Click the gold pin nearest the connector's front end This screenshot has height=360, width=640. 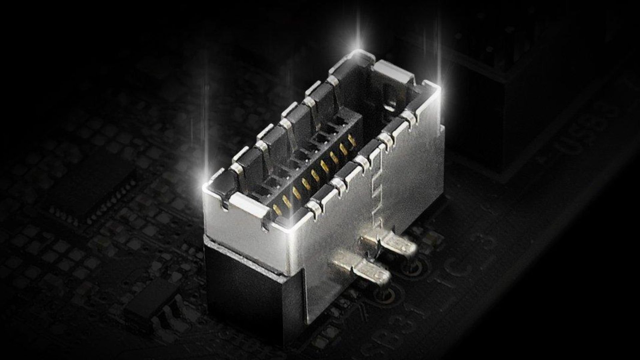(277, 209)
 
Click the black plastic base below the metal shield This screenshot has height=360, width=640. (253, 290)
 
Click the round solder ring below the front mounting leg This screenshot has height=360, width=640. (383, 293)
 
